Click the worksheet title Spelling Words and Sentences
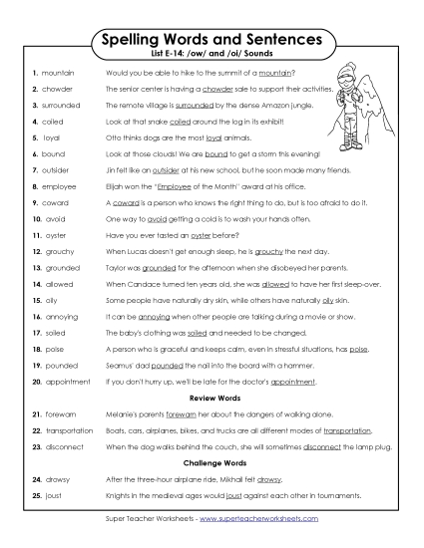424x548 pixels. pyautogui.click(x=212, y=39)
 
